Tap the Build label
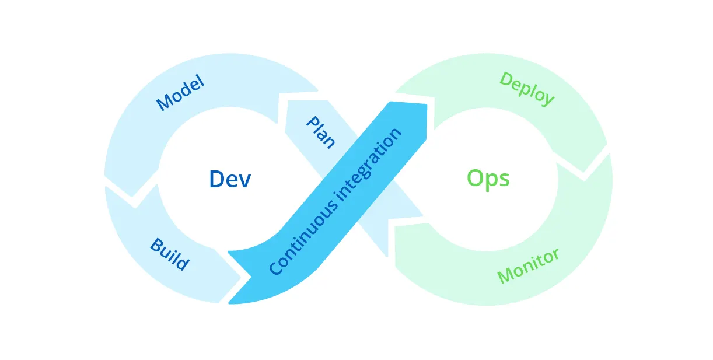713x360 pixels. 170,254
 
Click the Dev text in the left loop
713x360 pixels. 230,179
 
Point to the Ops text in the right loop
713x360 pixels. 488,179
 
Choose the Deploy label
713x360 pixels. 527,89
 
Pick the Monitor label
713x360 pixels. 528,265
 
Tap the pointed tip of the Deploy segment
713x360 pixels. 584,172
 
